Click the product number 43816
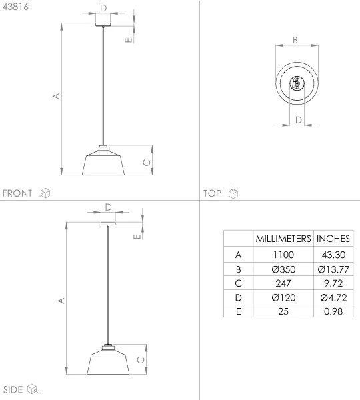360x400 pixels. (15, 9)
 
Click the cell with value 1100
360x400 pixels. (283, 255)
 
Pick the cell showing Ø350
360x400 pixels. (283, 269)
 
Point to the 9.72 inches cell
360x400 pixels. (333, 283)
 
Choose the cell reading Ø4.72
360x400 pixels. (333, 297)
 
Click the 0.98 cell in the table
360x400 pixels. (333, 311)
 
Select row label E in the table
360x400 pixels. (239, 311)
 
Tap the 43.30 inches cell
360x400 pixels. (333, 255)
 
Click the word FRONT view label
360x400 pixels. (17, 193)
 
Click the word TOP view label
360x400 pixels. (212, 193)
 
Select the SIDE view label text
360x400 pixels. (13, 389)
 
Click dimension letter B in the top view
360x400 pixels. (295, 39)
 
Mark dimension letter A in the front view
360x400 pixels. (57, 96)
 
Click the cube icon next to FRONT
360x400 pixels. (45, 193)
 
